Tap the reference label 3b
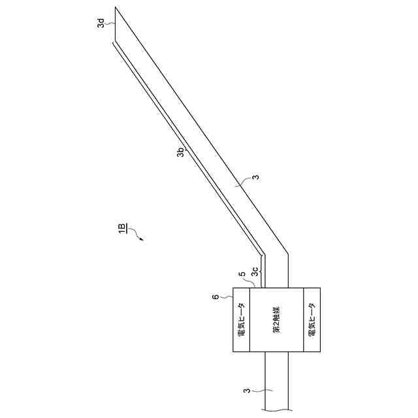pyautogui.click(x=181, y=152)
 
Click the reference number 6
pyautogui.click(x=216, y=297)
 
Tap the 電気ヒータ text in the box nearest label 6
pyautogui.click(x=241, y=321)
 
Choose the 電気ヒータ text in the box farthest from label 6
pyautogui.click(x=312, y=321)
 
